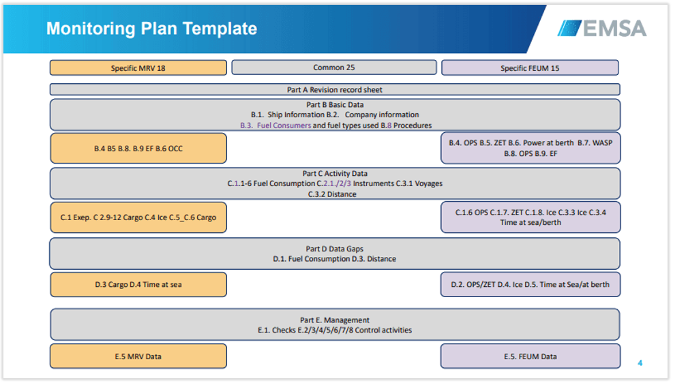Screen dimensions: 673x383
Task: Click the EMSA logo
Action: point(602,29)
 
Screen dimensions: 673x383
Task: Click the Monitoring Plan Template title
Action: point(151,29)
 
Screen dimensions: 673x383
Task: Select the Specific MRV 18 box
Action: point(138,67)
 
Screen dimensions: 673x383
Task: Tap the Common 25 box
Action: point(334,67)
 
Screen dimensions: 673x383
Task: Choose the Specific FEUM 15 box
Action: point(530,67)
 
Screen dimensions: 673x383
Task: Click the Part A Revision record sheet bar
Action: point(335,90)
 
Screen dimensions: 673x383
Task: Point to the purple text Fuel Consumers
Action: point(284,125)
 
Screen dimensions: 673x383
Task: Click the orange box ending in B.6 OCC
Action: point(138,149)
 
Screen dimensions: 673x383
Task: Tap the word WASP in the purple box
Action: point(602,143)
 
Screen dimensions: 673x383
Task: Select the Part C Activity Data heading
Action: point(335,173)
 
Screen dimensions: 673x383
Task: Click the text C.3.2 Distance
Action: point(332,194)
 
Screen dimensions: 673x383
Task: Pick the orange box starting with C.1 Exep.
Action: point(138,217)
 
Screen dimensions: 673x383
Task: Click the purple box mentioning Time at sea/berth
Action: point(530,217)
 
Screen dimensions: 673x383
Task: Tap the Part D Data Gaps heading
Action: point(334,249)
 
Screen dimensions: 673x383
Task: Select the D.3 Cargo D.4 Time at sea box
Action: point(138,285)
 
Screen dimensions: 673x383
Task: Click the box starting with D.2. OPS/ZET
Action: point(530,284)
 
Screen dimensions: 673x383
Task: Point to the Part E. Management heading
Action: point(335,320)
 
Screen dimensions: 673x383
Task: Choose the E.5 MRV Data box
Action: point(138,356)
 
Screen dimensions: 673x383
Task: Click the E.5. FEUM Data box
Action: point(530,356)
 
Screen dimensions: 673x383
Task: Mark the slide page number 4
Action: point(640,363)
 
